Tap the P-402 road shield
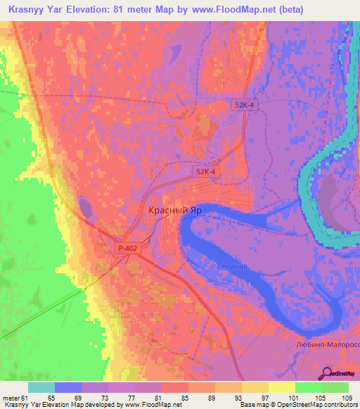pyautogui.click(x=128, y=248)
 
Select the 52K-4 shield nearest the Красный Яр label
pyautogui.click(x=205, y=171)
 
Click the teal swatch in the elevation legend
pyautogui.click(x=41, y=388)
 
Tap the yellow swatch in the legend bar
pyautogui.click(x=281, y=388)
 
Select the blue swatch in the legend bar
pyautogui.click(x=67, y=388)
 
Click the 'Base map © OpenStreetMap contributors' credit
pyautogui.click(x=297, y=405)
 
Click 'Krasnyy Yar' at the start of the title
pyautogui.click(x=36, y=11)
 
